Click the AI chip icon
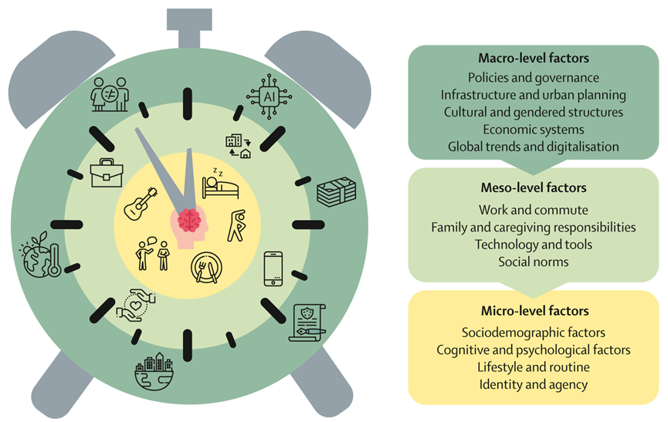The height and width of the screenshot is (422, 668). click(270, 97)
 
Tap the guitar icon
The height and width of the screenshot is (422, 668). click(142, 204)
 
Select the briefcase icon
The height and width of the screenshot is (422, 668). click(107, 174)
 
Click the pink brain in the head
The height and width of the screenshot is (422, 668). click(188, 221)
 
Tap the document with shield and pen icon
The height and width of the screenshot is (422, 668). click(307, 322)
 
